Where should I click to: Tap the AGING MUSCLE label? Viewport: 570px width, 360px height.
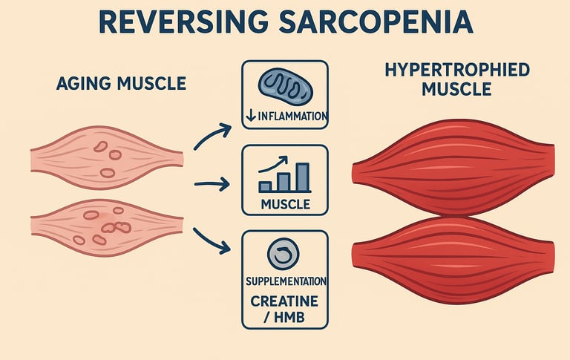(121, 84)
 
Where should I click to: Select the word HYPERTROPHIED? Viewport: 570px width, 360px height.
(457, 71)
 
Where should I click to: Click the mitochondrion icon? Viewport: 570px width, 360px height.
(285, 85)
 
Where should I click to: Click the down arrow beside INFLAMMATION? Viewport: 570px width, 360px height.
(250, 117)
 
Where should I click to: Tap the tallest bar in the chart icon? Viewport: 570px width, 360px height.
(303, 177)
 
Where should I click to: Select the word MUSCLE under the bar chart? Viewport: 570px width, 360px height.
(285, 204)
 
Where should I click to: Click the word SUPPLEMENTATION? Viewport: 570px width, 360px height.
(285, 281)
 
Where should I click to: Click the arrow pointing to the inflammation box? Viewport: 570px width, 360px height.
(212, 134)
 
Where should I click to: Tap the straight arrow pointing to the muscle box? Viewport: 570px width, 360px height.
(211, 183)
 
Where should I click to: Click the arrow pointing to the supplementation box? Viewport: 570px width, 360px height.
(212, 239)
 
